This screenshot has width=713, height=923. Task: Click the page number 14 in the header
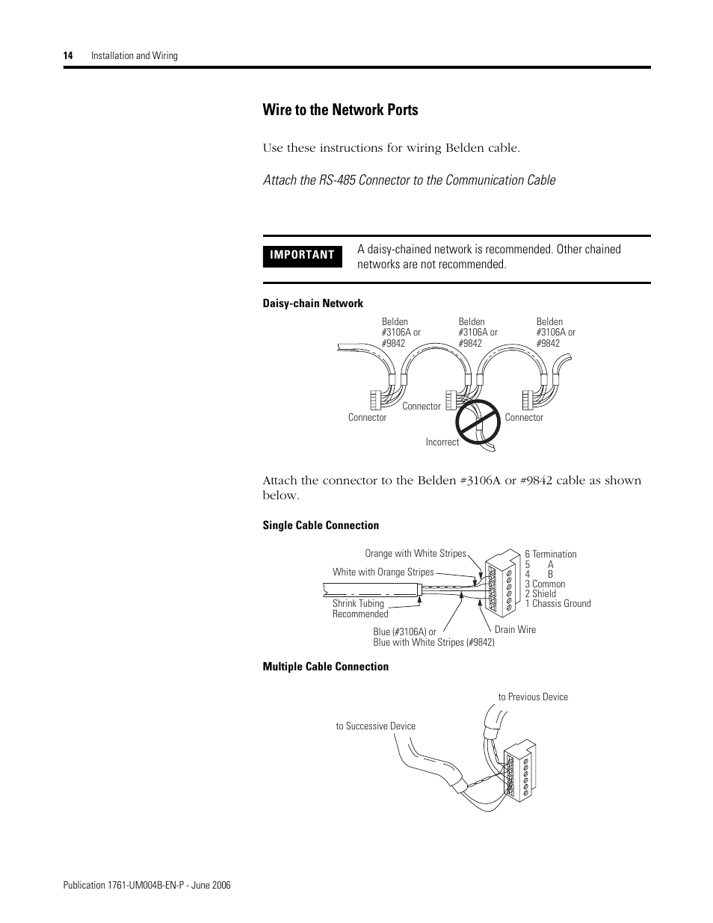(x=67, y=56)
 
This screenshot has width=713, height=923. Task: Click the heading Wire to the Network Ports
(x=340, y=110)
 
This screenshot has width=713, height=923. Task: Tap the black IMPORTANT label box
(x=302, y=255)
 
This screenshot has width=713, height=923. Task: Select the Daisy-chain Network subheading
(x=312, y=303)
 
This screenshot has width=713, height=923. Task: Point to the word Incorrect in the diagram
(x=442, y=442)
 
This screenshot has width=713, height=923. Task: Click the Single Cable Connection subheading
(x=321, y=525)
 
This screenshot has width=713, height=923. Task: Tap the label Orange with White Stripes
(x=415, y=554)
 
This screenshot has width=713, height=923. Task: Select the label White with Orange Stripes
(x=383, y=572)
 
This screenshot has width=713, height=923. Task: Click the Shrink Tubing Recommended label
(x=359, y=608)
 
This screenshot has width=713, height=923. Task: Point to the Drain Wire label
(x=515, y=629)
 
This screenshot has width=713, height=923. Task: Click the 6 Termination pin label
(x=551, y=555)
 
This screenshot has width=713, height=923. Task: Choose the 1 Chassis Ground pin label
(x=558, y=604)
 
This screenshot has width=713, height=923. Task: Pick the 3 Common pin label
(x=545, y=584)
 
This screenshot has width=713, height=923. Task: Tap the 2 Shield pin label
(x=540, y=594)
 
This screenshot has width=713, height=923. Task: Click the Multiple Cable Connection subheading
(x=325, y=667)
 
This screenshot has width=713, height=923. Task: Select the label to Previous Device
(x=533, y=697)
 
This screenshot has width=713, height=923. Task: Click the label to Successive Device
(x=375, y=726)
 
